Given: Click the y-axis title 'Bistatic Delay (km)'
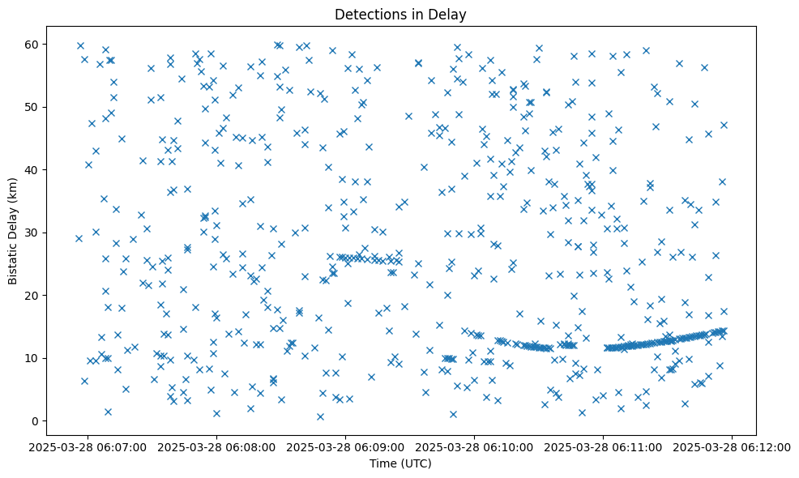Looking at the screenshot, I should (13, 233).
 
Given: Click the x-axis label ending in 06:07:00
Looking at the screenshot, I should (88, 446).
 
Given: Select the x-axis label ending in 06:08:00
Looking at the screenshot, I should (217, 446).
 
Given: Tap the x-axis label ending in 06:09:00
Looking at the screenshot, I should (346, 446).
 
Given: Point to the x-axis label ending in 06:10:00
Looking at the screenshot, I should (475, 446).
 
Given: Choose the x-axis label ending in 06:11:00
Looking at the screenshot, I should (603, 446).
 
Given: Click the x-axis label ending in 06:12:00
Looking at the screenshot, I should (732, 446).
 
